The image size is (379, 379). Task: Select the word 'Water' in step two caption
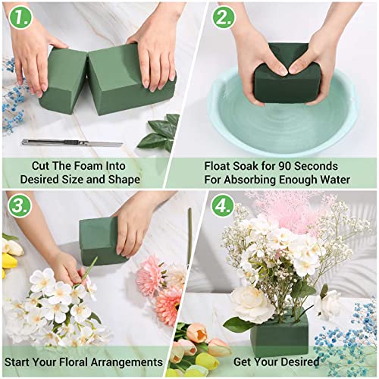[332, 180]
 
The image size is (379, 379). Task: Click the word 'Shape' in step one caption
[121, 180]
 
